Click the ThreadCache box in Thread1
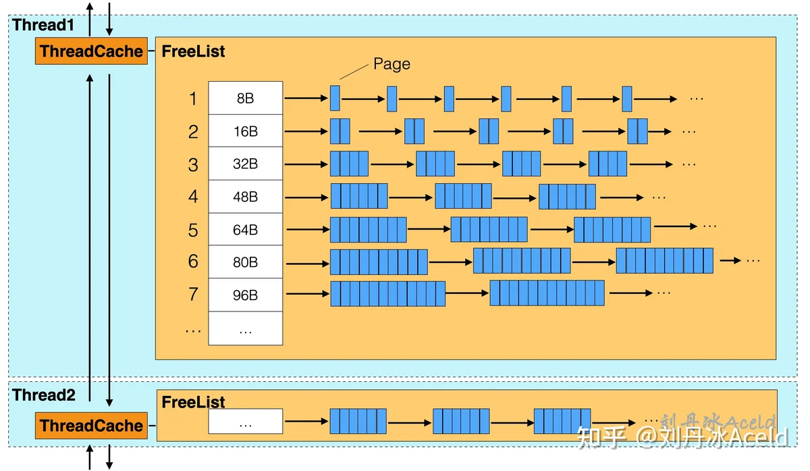tap(92, 51)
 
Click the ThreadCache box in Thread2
tap(92, 425)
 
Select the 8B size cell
tap(246, 98)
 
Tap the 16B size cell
tap(246, 131)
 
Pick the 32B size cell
tap(246, 164)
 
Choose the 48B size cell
tap(246, 197)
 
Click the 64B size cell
tap(246, 230)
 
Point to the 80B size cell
tap(246, 262)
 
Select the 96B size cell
tap(246, 295)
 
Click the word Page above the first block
tap(391, 64)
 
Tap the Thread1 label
tap(43, 25)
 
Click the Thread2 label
tap(44, 395)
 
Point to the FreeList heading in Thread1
tap(193, 51)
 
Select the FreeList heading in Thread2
tap(193, 402)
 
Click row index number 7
tap(193, 294)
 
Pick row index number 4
tap(193, 197)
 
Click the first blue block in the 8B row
tap(335, 98)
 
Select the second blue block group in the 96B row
tap(547, 293)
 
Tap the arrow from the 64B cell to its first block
tap(308, 230)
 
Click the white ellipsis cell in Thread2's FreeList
tap(246, 422)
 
